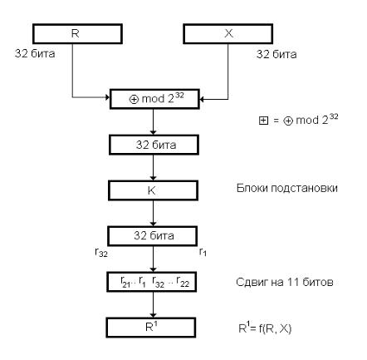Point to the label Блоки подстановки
(287, 188)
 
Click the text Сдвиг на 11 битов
(285, 282)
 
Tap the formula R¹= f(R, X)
(265, 328)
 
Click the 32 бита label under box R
(35, 53)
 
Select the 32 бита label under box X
(276, 54)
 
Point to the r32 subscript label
(101, 252)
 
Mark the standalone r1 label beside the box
(203, 252)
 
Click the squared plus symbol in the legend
(263, 121)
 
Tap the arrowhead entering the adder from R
(108, 97)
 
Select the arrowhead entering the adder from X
(202, 99)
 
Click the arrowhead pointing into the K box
(153, 178)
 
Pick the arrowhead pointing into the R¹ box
(153, 315)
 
